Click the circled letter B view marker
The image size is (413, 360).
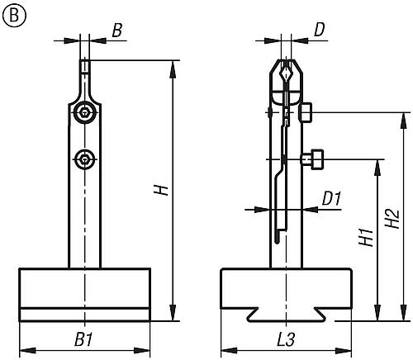[14, 16]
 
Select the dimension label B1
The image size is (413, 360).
[83, 340]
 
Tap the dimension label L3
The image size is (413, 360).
[286, 339]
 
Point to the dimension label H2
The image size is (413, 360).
[392, 219]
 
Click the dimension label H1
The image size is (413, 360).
[366, 237]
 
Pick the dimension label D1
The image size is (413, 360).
[331, 199]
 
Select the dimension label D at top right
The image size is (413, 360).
[320, 30]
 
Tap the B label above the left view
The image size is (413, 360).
[117, 30]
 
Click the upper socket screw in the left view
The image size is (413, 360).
[85, 112]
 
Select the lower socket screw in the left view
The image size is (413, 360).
[85, 159]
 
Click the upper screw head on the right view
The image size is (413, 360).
[306, 112]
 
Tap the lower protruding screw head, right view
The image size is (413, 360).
[312, 159]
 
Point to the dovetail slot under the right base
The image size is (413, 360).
[287, 315]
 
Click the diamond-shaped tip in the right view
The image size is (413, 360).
[286, 73]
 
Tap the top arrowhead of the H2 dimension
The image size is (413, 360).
[404, 121]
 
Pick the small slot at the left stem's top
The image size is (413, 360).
[85, 66]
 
